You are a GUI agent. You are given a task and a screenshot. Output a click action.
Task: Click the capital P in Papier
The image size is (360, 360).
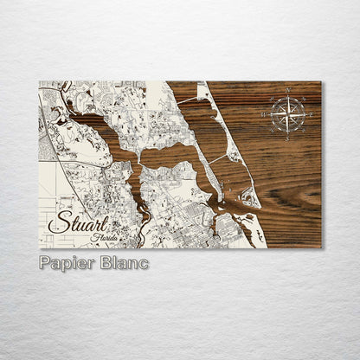tap(45, 263)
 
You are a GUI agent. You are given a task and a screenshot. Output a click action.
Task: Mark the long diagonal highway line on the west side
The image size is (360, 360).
tap(61, 156)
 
